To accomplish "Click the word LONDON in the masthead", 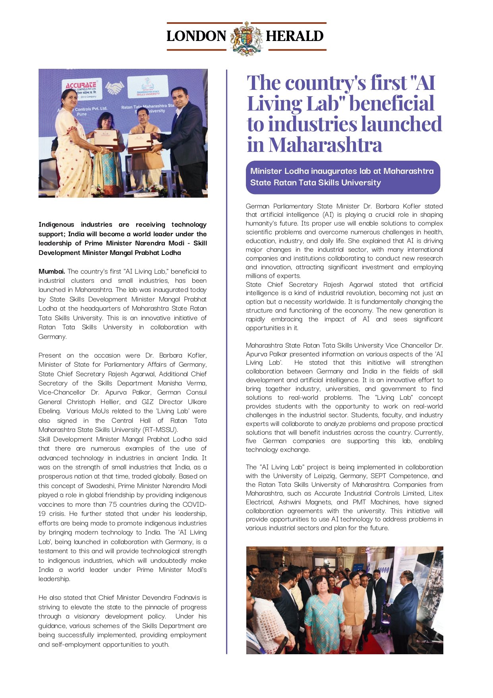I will pos(196,36).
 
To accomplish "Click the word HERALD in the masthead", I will pos(294,36).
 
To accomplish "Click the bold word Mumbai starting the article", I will pos(51,272).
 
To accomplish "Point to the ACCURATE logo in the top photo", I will pos(81,85).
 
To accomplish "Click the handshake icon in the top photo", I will pos(114,88).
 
